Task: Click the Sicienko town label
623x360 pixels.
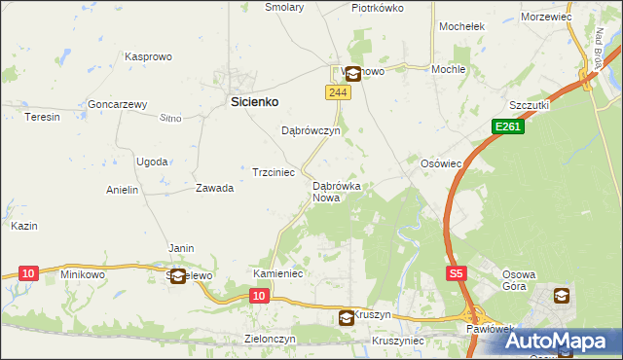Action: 254,100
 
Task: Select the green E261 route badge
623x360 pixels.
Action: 508,126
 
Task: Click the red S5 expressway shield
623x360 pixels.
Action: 457,274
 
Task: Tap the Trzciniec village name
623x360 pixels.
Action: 274,171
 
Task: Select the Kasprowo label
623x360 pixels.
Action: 148,57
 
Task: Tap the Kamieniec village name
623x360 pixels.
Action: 279,274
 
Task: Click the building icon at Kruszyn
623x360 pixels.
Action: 347,317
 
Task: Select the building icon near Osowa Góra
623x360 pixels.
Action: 562,295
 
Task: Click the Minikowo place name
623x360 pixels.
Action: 82,274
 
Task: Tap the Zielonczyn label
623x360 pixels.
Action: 269,339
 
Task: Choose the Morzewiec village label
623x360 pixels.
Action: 571,18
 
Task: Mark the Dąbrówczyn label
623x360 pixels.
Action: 310,130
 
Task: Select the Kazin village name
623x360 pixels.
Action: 24,226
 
